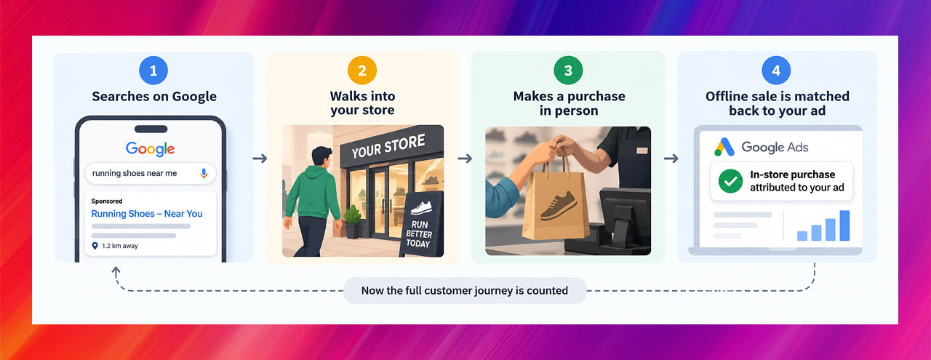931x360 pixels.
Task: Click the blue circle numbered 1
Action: point(153,71)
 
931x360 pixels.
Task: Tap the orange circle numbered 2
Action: point(362,71)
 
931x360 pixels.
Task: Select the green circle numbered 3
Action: point(568,71)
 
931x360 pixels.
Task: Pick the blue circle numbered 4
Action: point(776,71)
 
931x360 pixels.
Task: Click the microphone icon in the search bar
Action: point(204,173)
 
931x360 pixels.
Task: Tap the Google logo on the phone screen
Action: point(151,149)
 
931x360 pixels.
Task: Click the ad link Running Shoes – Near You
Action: point(147,214)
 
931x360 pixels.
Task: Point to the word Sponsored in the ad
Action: point(107,201)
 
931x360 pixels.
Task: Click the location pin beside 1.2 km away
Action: point(95,246)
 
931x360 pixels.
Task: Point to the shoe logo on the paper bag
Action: point(559,205)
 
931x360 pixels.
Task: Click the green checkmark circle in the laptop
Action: point(730,181)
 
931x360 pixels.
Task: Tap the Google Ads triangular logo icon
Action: point(724,147)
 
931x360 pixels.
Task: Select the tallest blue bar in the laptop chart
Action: point(844,225)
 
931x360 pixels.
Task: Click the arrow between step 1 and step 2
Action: point(260,159)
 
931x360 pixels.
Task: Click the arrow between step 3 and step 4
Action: point(671,159)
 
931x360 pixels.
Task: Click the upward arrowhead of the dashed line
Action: point(116,271)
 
